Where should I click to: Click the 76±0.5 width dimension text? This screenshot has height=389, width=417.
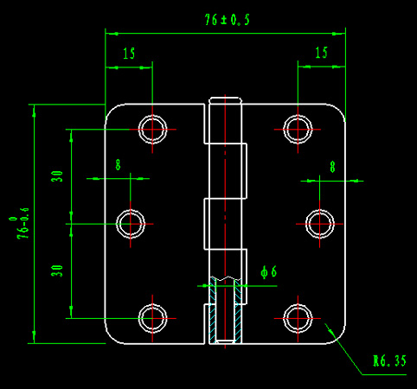click(x=227, y=20)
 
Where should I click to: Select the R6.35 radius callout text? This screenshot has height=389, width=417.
click(x=390, y=360)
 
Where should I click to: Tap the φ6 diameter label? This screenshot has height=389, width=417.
click(x=268, y=272)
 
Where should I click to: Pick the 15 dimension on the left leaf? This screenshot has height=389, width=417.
click(x=129, y=54)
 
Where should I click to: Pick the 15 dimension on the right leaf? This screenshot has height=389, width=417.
click(x=321, y=53)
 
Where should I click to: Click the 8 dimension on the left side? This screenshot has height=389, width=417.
click(x=118, y=165)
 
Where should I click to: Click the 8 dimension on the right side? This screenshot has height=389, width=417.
click(x=332, y=167)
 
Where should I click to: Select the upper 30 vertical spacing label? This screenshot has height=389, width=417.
click(x=57, y=176)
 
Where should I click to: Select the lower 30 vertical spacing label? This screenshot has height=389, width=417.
click(x=57, y=271)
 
